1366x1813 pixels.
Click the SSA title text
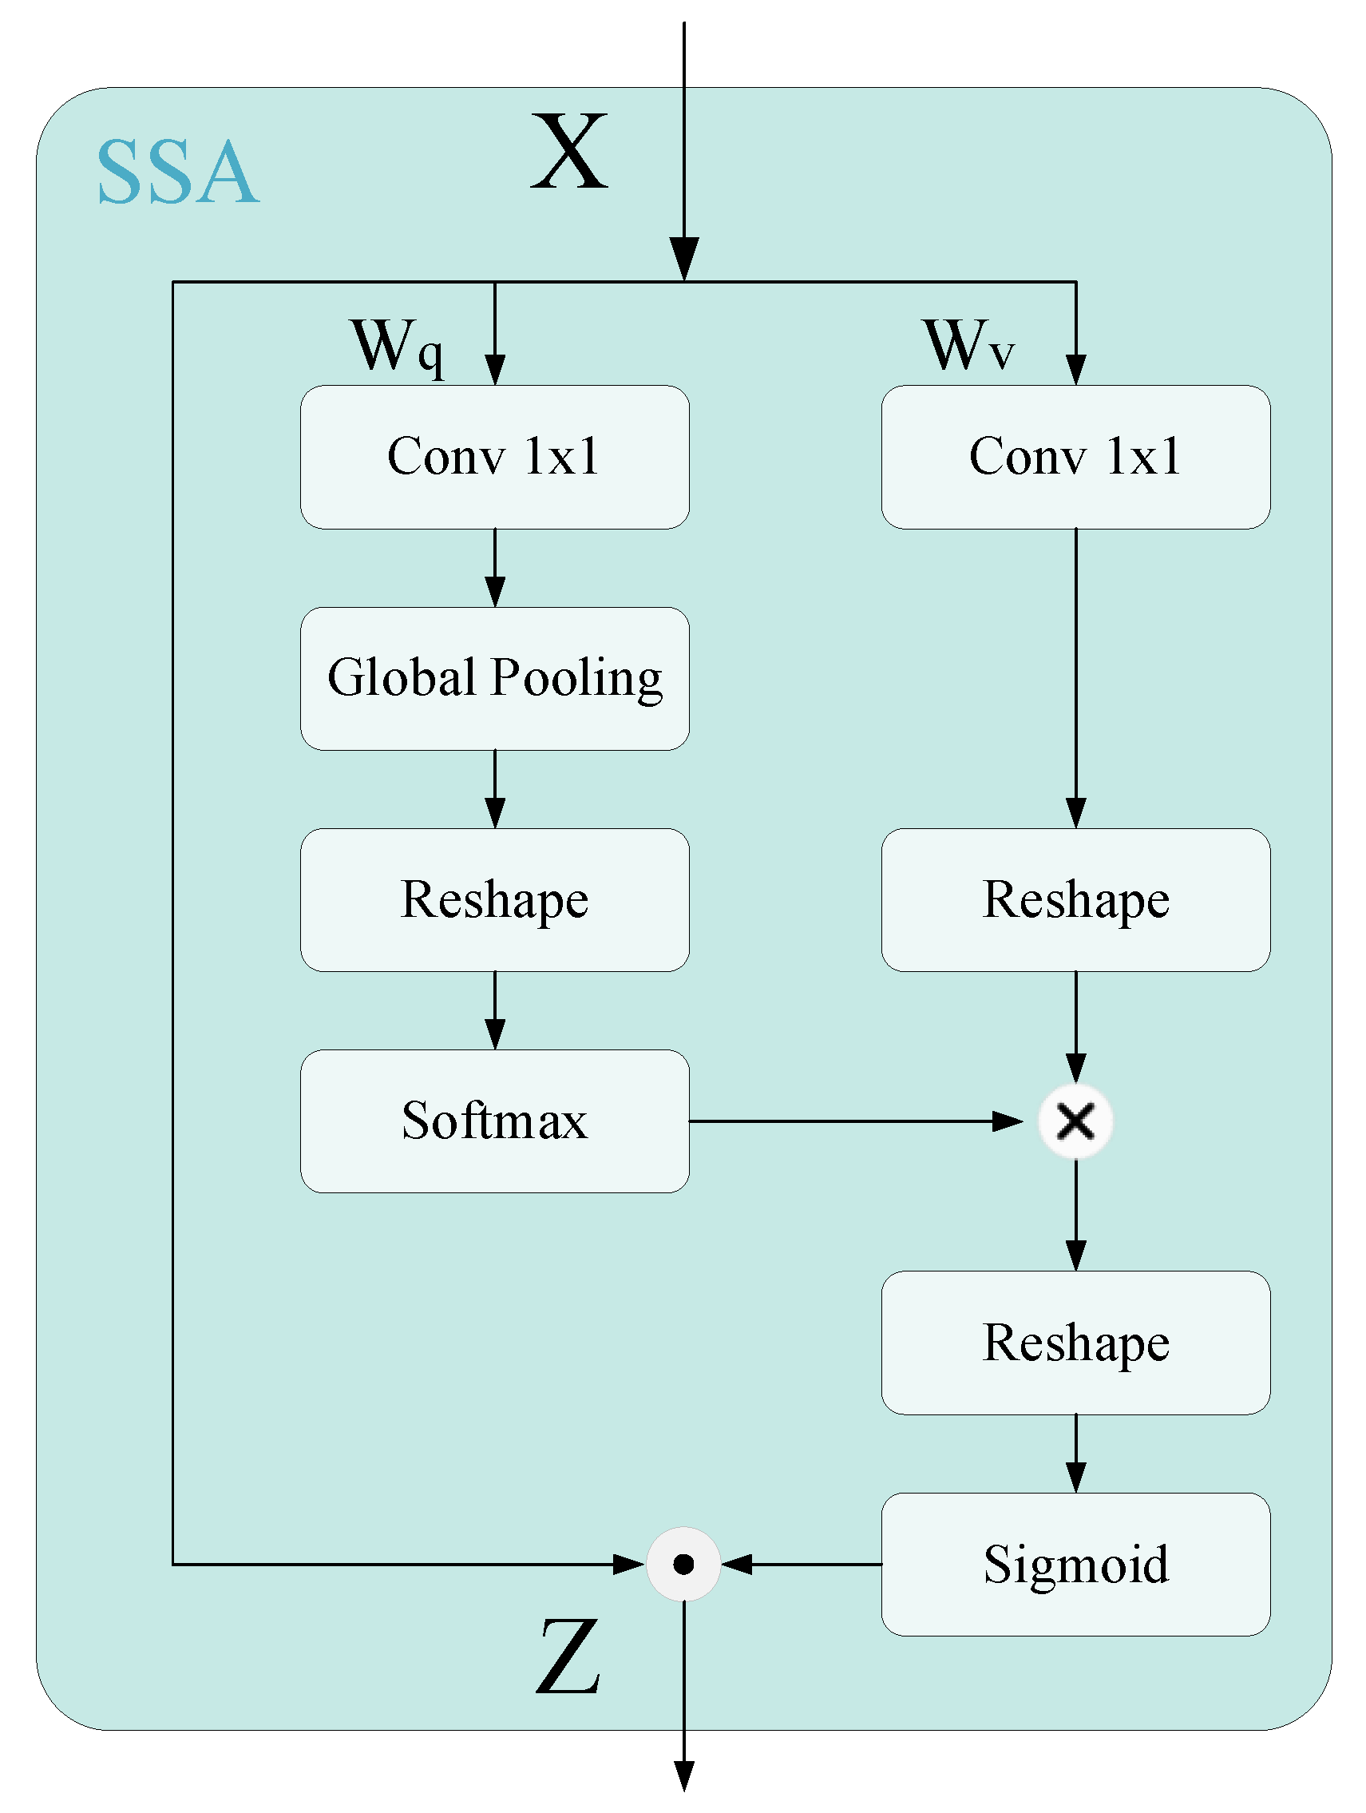pyautogui.click(x=178, y=173)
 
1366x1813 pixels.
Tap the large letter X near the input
pyautogui.click(x=568, y=153)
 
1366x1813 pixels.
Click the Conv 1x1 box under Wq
pyautogui.click(x=494, y=457)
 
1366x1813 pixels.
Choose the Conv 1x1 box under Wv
pyautogui.click(x=1075, y=457)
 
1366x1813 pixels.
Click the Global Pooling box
pyautogui.click(x=494, y=679)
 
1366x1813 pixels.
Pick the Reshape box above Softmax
pyautogui.click(x=494, y=900)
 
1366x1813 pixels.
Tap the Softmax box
pyautogui.click(x=494, y=1121)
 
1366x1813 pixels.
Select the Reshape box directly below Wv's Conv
pyautogui.click(x=1075, y=900)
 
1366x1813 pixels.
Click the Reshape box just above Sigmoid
pyautogui.click(x=1075, y=1343)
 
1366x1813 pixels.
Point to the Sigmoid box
pyautogui.click(x=1075, y=1564)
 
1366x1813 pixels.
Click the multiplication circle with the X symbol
pyautogui.click(x=1075, y=1121)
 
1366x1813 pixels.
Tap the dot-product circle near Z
pyautogui.click(x=683, y=1564)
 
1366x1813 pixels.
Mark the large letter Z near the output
pyautogui.click(x=568, y=1657)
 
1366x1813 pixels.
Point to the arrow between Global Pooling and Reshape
pyautogui.click(x=494, y=788)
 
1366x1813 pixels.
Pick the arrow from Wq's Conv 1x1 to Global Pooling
pyautogui.click(x=494, y=567)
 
